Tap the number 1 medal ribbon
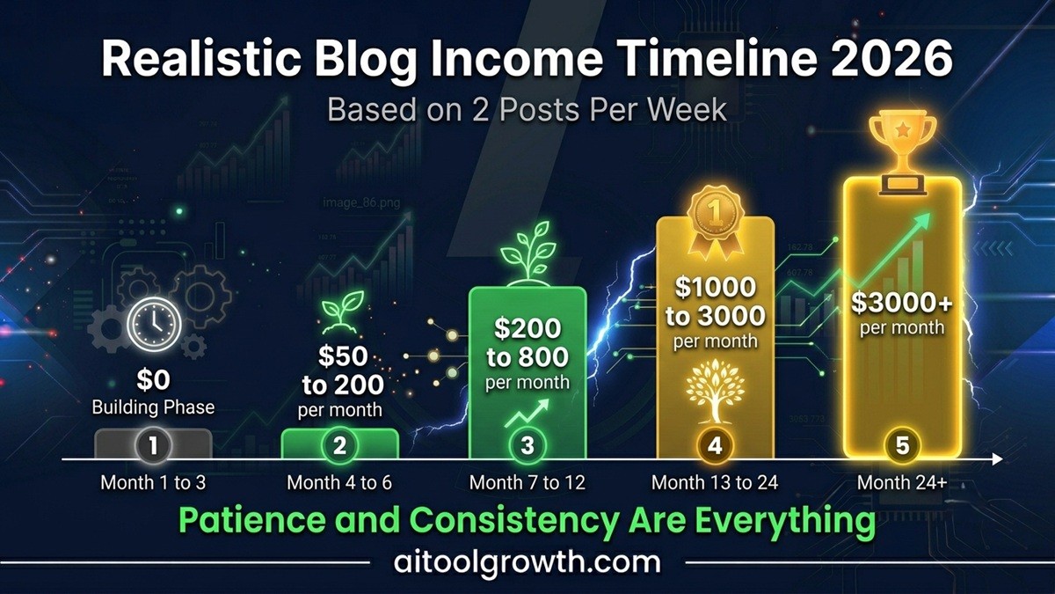(x=715, y=223)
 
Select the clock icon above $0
(x=154, y=324)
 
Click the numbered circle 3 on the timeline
(x=527, y=446)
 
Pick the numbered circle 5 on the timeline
(x=902, y=446)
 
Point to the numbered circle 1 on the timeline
(x=153, y=446)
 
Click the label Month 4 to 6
(x=339, y=483)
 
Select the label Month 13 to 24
(x=715, y=483)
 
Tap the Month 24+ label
(x=902, y=483)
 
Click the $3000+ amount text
(x=902, y=303)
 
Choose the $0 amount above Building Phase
(x=153, y=380)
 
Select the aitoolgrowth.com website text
(x=527, y=562)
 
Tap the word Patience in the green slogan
(x=252, y=520)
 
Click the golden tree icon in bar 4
(x=715, y=391)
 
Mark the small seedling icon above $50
(x=342, y=312)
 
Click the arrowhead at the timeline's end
(x=998, y=459)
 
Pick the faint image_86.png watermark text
(x=361, y=203)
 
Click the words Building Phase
(x=153, y=407)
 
